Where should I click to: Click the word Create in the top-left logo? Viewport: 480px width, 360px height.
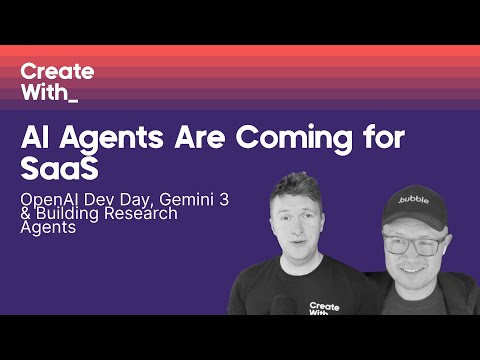(x=57, y=72)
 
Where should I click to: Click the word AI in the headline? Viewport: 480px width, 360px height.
(x=35, y=140)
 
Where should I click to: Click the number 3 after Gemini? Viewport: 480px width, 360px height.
(x=224, y=199)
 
